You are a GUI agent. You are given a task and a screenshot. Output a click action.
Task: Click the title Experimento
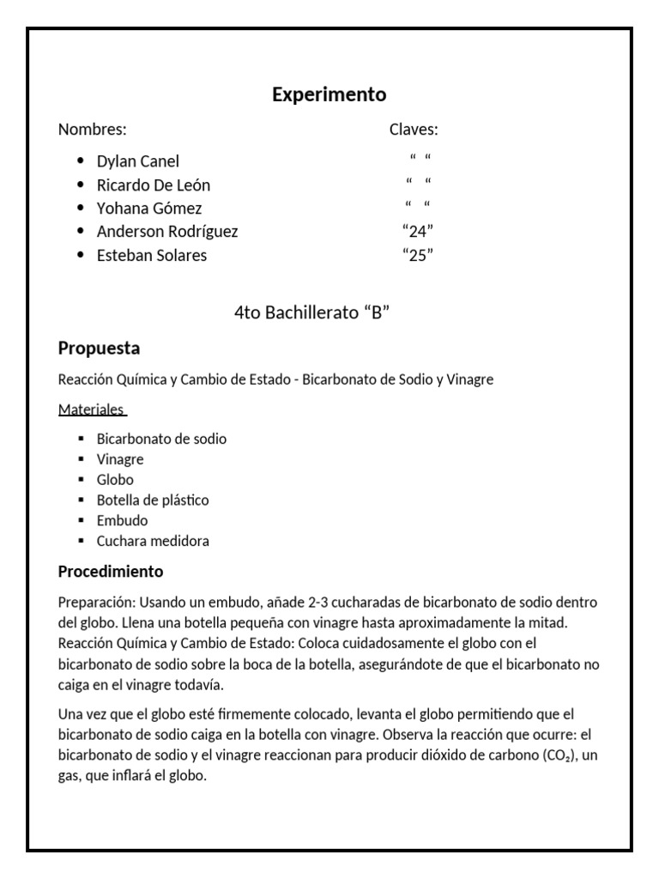pyautogui.click(x=329, y=94)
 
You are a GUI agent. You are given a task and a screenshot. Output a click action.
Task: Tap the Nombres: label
pyautogui.click(x=93, y=130)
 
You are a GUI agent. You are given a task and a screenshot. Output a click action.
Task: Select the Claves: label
pyautogui.click(x=414, y=130)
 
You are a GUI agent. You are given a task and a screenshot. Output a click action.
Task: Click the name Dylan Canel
pyautogui.click(x=138, y=161)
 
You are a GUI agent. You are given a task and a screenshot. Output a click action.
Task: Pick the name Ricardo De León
pyautogui.click(x=154, y=185)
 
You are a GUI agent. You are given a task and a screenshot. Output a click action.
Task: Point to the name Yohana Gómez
pyautogui.click(x=149, y=209)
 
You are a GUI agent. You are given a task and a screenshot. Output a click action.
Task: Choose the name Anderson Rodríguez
pyautogui.click(x=167, y=232)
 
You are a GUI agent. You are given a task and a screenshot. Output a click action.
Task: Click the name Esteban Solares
pyautogui.click(x=152, y=256)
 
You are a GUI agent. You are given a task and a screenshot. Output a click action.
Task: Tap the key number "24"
pyautogui.click(x=417, y=232)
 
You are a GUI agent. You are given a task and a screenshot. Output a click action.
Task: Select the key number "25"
pyautogui.click(x=417, y=256)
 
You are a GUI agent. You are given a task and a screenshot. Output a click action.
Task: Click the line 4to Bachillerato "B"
pyautogui.click(x=312, y=313)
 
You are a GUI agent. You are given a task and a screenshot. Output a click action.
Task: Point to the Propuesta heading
pyautogui.click(x=99, y=349)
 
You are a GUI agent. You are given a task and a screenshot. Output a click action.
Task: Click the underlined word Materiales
pyautogui.click(x=91, y=409)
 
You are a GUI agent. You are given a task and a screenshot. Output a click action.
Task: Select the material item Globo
pyautogui.click(x=115, y=480)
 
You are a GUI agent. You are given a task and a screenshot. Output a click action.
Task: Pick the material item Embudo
pyautogui.click(x=122, y=521)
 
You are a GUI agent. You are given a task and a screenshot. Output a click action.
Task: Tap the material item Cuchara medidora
pyautogui.click(x=153, y=542)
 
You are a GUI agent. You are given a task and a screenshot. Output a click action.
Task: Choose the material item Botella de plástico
pyautogui.click(x=153, y=500)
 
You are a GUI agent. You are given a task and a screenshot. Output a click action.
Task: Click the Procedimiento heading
pyautogui.click(x=110, y=572)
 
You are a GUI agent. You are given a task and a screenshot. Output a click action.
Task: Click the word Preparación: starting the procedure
pyautogui.click(x=96, y=603)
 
